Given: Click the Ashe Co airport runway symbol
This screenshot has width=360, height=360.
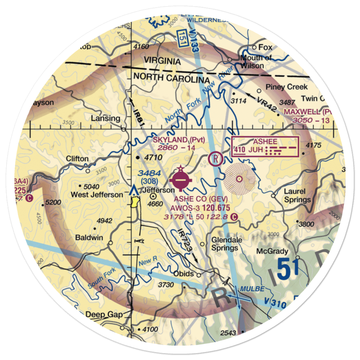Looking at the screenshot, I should (181, 179).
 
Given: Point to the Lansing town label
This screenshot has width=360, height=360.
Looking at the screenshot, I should (105, 118).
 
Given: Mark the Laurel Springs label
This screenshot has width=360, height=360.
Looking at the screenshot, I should (297, 195).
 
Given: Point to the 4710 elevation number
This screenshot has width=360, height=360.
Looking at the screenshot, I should (153, 158).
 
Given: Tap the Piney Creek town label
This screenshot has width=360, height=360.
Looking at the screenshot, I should (287, 87).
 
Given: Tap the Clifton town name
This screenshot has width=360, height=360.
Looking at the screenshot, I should (77, 159).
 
